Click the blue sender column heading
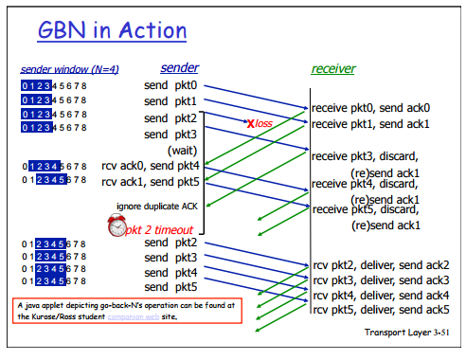click(x=179, y=67)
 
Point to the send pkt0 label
click(x=170, y=87)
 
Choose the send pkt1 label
click(x=170, y=102)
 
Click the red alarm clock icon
click(x=116, y=226)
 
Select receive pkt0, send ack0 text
click(x=377, y=109)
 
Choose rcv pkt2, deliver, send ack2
click(x=381, y=264)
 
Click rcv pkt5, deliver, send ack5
click(x=381, y=310)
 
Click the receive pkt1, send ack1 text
click(x=377, y=124)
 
